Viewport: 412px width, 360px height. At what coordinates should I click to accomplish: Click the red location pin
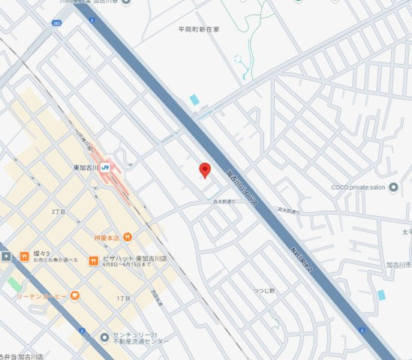coord(204,169)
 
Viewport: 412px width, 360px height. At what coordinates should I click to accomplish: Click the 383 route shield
coord(57,24)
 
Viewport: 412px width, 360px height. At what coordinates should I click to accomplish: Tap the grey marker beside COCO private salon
coord(394,187)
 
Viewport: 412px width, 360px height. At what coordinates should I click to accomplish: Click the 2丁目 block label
coord(59,212)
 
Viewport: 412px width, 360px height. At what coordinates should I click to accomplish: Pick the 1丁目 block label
coord(124,298)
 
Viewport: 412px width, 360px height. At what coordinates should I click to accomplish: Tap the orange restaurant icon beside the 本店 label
coord(128,237)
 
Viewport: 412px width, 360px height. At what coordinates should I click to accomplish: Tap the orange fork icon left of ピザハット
coord(95,261)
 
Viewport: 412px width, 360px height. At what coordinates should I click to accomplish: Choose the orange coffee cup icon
coord(75,296)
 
